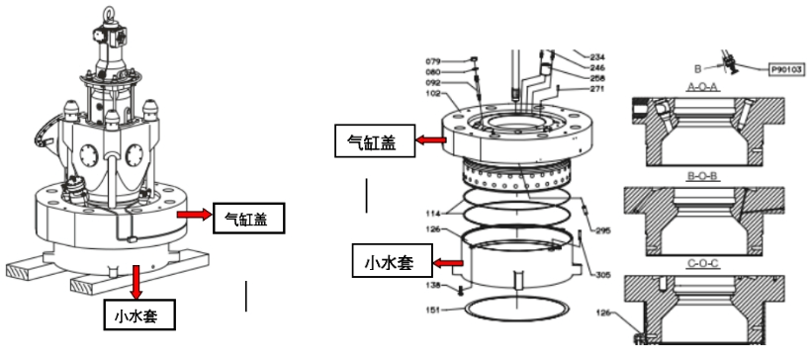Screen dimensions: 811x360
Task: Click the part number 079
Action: click(x=433, y=62)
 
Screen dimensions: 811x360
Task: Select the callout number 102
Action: click(x=433, y=94)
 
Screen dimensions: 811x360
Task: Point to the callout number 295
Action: click(x=602, y=230)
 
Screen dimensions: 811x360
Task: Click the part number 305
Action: click(x=602, y=275)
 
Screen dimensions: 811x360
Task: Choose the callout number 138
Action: click(x=433, y=285)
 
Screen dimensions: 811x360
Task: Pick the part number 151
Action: click(x=433, y=311)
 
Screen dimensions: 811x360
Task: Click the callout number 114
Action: click(x=433, y=213)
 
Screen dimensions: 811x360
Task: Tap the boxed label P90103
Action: click(x=786, y=69)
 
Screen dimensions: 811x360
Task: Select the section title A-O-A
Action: click(x=704, y=88)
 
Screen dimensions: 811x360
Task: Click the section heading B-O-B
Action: click(x=704, y=177)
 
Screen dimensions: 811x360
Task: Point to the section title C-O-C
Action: click(x=704, y=264)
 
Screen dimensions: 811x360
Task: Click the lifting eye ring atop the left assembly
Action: click(x=109, y=13)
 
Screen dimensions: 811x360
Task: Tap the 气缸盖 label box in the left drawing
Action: click(x=249, y=219)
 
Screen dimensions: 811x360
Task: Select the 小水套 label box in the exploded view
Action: click(x=390, y=262)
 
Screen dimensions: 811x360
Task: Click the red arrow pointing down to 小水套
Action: click(x=136, y=282)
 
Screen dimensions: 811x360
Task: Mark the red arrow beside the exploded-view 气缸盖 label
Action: click(x=431, y=139)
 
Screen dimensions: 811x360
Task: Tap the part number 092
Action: click(x=433, y=83)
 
